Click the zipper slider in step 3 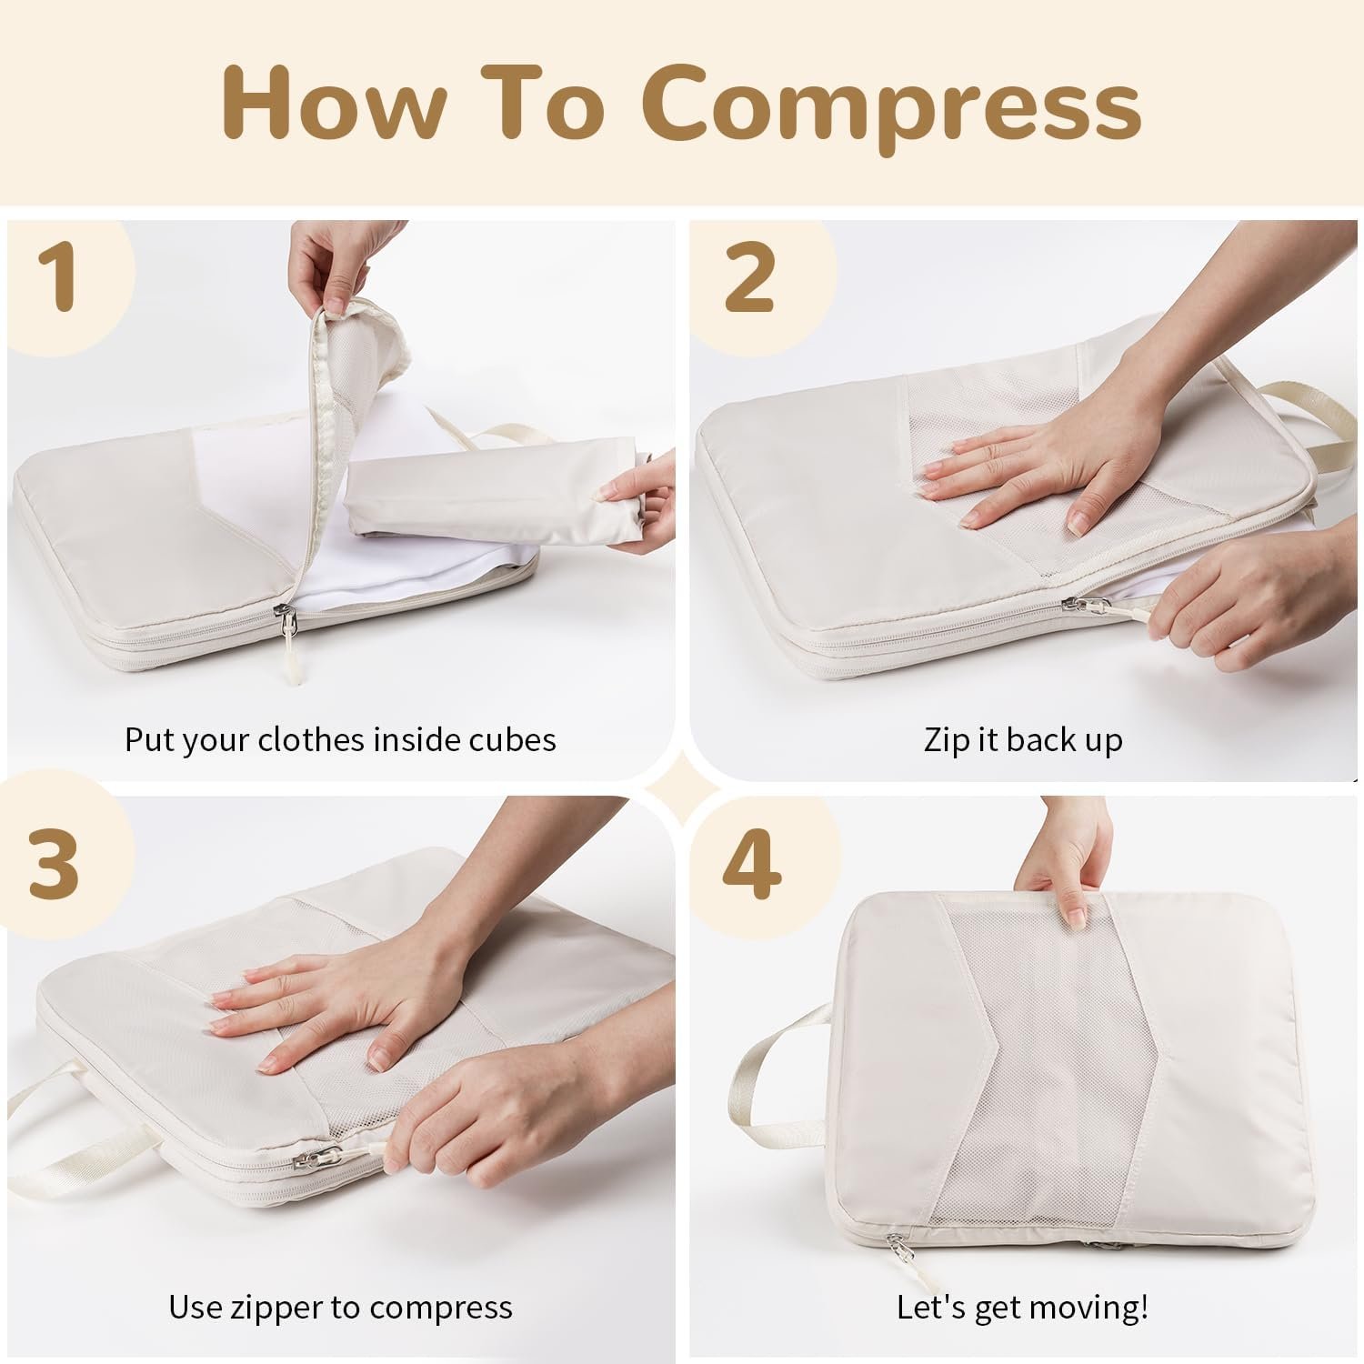tap(316, 1159)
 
